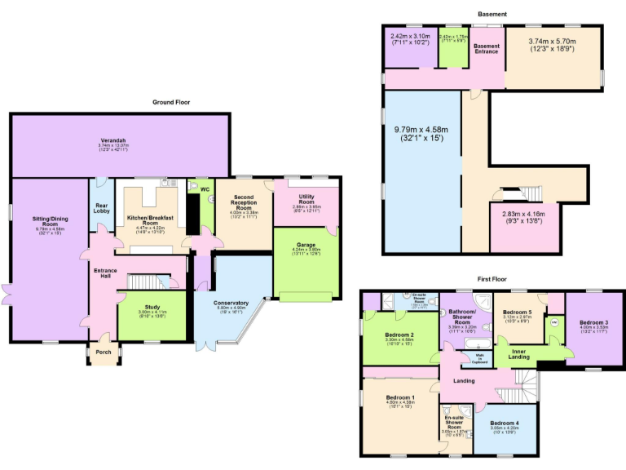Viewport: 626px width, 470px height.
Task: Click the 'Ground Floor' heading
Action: click(x=171, y=102)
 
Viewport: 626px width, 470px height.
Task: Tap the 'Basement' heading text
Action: click(x=492, y=14)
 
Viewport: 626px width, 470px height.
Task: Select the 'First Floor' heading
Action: click(x=493, y=279)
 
